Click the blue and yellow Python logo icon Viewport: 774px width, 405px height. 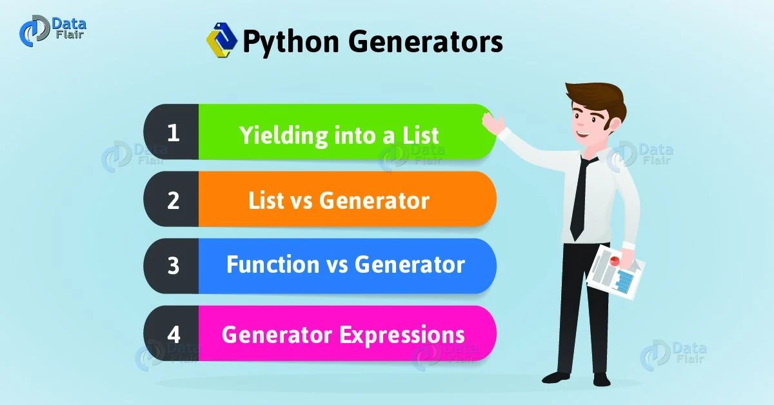click(221, 41)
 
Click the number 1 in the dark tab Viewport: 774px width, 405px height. click(172, 133)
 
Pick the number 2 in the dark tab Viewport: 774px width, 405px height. click(172, 200)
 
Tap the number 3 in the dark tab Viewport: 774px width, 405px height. click(172, 266)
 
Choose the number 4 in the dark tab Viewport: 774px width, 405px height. click(172, 334)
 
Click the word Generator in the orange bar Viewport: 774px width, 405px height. click(374, 201)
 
